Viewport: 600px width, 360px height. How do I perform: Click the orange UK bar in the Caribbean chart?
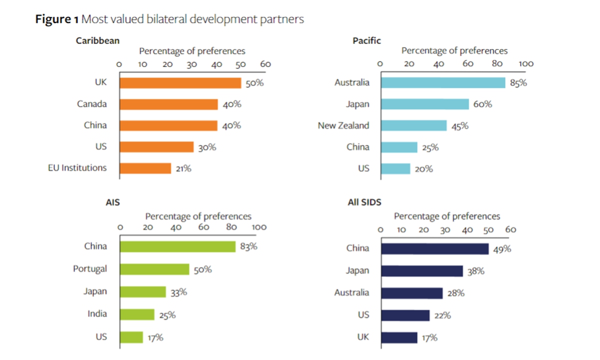click(180, 83)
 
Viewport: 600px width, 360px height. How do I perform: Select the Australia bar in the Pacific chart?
click(442, 82)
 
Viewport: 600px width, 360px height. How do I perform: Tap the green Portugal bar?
click(155, 269)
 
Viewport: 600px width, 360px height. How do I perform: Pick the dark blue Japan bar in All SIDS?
click(421, 270)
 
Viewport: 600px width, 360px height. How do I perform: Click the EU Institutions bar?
click(145, 168)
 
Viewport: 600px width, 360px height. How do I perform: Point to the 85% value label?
click(518, 83)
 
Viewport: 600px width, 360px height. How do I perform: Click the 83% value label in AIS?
click(248, 246)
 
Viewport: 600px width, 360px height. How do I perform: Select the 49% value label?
click(501, 248)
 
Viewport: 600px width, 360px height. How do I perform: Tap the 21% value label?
click(183, 168)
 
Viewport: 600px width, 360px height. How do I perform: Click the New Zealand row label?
click(343, 125)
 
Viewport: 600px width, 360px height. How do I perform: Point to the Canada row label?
click(91, 104)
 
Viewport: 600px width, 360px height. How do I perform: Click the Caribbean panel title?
click(97, 40)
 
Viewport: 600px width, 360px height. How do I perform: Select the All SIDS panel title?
click(365, 202)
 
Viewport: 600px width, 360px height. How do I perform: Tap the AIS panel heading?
click(113, 202)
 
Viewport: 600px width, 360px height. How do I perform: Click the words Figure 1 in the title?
click(56, 19)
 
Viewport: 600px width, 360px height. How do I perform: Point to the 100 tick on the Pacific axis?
click(526, 63)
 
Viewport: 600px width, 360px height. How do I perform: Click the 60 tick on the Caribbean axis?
click(265, 64)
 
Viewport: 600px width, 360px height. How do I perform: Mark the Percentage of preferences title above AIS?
click(198, 216)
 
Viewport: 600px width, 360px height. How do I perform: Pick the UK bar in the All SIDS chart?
click(399, 337)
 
